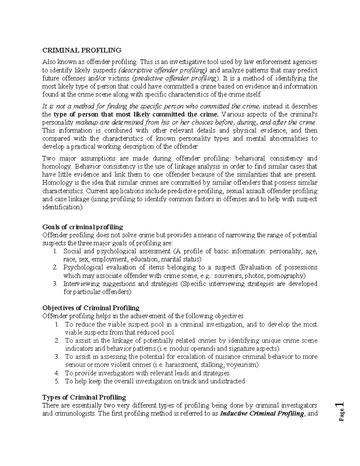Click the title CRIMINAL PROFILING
[x=82, y=50]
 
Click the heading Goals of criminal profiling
[x=82, y=227]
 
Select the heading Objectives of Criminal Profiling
[x=91, y=308]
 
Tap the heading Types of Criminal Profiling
[x=84, y=397]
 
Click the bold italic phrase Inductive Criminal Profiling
[x=262, y=414]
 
